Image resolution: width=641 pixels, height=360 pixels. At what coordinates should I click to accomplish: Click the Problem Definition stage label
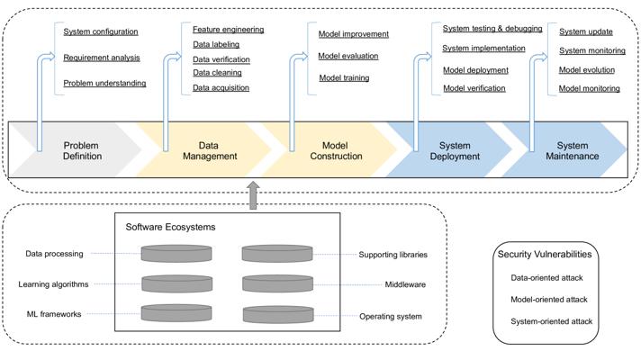pos(82,150)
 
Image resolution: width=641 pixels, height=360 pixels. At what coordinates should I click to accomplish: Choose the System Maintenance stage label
pos(573,150)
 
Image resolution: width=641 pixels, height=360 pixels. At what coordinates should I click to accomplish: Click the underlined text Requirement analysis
pos(101,58)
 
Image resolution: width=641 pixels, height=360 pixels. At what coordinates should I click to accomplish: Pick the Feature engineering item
pos(228,30)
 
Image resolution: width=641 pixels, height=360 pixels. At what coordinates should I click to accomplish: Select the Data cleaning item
pos(217,73)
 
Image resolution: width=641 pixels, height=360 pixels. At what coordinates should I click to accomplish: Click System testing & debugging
pos(492,29)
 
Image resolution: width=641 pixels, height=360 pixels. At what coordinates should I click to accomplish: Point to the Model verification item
pos(474,88)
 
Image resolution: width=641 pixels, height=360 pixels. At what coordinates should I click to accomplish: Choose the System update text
pos(585,32)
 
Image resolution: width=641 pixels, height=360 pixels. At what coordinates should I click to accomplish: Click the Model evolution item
pos(586,69)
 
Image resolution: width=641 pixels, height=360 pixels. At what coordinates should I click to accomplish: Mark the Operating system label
pos(391,317)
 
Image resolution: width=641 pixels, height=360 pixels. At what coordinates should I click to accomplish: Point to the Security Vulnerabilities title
pos(546,255)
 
